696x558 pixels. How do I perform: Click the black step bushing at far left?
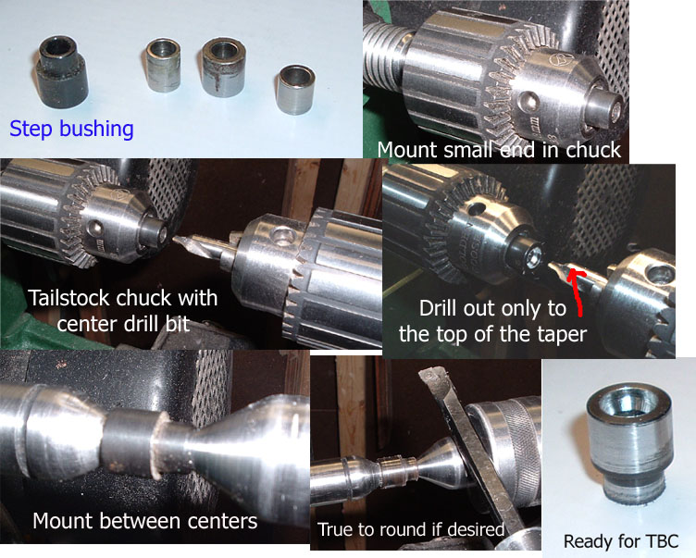click(60, 71)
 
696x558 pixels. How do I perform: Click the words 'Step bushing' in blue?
click(71, 129)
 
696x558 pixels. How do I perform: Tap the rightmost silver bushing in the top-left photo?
click(294, 90)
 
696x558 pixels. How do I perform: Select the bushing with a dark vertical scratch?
click(223, 68)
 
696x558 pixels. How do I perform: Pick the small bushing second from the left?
click(163, 66)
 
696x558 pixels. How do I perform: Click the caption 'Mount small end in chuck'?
click(499, 150)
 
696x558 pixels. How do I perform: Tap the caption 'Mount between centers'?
click(144, 521)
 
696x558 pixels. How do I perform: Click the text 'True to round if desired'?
click(411, 529)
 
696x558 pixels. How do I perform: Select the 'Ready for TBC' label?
click(621, 541)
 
